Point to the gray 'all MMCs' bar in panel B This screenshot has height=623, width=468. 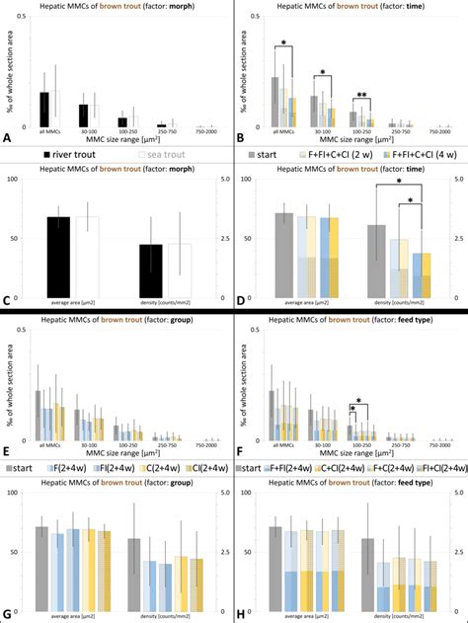click(x=275, y=102)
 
